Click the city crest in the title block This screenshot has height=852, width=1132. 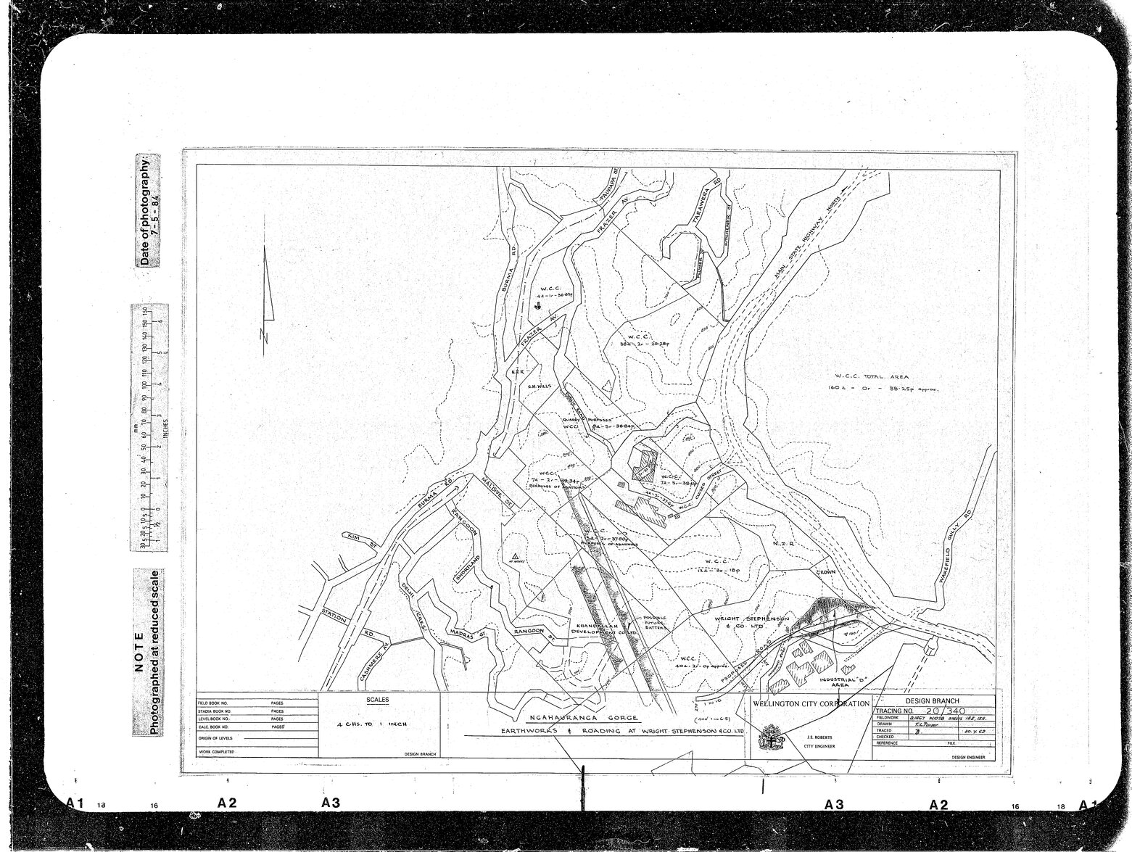point(766,741)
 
